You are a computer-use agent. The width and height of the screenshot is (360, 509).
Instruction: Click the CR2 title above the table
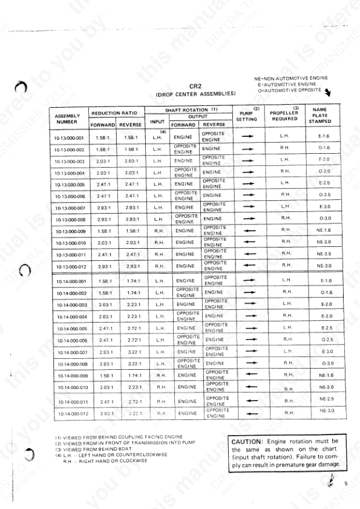point(195,86)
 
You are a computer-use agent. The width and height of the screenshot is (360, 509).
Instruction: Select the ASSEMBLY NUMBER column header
point(67,119)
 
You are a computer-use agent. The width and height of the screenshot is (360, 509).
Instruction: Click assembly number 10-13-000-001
point(68,137)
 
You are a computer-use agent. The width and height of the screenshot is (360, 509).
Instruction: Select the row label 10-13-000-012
point(68,266)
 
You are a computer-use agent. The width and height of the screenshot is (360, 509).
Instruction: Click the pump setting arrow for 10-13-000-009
point(247,231)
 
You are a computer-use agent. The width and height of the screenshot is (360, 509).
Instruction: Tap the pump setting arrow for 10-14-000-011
point(247,401)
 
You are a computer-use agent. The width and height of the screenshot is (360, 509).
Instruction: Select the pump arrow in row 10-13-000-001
point(247,137)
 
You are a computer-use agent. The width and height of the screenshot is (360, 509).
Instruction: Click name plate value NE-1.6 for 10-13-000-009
point(323,231)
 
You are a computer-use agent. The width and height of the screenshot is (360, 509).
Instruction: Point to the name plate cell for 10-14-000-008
point(324,364)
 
